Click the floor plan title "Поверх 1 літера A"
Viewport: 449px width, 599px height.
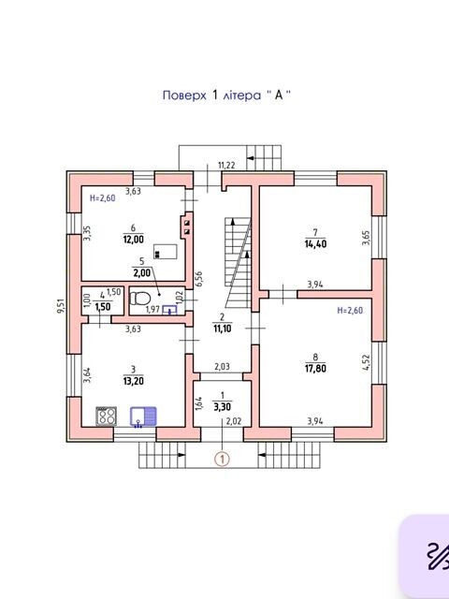tap(226, 95)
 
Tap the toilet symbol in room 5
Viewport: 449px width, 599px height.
tap(138, 299)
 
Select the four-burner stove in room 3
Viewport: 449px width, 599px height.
tap(106, 416)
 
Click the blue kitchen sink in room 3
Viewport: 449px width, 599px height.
tap(143, 416)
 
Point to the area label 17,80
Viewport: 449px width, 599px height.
tap(315, 369)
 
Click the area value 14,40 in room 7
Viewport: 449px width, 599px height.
tap(315, 243)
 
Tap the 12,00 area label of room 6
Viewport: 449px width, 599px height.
tap(133, 240)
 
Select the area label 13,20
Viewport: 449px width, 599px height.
tap(133, 381)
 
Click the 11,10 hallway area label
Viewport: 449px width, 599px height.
tap(223, 329)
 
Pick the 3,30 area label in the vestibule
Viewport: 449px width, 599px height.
tap(223, 407)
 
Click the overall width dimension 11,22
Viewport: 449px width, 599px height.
tap(226, 166)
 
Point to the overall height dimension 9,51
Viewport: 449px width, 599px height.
tap(61, 306)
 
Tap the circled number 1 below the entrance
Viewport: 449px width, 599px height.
tap(223, 459)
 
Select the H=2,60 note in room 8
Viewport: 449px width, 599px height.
tap(350, 310)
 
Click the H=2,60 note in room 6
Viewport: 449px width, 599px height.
tap(102, 197)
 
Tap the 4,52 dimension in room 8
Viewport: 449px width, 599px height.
tap(366, 363)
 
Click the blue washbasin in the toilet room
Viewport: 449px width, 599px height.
tap(169, 310)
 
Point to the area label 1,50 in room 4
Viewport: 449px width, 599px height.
tap(102, 306)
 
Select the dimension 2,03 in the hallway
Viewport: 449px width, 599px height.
tap(222, 367)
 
